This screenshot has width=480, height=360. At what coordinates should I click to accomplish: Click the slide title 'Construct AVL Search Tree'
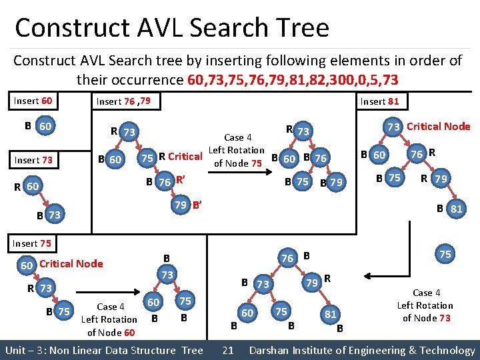pyautogui.click(x=172, y=28)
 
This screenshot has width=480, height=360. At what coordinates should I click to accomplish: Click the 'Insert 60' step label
pyautogui.click(x=34, y=101)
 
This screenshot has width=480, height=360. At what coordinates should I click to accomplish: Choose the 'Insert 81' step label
pyautogui.click(x=379, y=101)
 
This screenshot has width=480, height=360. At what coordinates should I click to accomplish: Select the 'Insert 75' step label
pyautogui.click(x=31, y=243)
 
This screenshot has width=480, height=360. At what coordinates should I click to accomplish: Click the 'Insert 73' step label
pyautogui.click(x=34, y=160)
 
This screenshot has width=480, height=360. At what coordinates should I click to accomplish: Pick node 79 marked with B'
pyautogui.click(x=180, y=204)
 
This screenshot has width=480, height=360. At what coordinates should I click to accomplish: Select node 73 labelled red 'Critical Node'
pyautogui.click(x=393, y=127)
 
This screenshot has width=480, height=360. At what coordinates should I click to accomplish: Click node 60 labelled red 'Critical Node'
pyautogui.click(x=27, y=264)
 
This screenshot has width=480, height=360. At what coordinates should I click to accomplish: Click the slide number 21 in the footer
pyautogui.click(x=227, y=350)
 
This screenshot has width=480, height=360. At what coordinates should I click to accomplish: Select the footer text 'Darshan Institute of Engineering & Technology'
pyautogui.click(x=362, y=350)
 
